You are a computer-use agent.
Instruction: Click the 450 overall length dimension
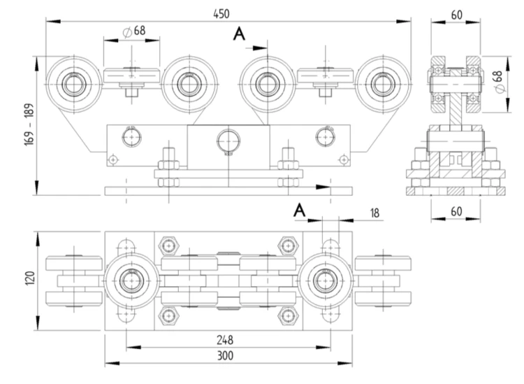point(221,14)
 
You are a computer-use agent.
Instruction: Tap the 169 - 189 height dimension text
point(29,124)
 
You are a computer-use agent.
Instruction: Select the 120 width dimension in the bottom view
point(30,278)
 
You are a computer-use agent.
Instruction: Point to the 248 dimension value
point(225,340)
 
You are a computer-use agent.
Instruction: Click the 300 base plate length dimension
point(225,355)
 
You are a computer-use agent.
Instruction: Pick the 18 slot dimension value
point(374,213)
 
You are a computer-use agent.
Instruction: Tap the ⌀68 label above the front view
point(134,31)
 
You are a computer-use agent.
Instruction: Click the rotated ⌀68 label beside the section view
point(498,82)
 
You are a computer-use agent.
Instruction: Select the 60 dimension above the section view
point(456,15)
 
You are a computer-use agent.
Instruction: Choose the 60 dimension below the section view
point(456,211)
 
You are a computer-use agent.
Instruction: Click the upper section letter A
point(239,34)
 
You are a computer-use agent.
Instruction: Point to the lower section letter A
point(300,211)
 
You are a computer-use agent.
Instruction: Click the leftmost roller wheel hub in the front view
point(73,85)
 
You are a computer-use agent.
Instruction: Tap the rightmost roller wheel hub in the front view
point(383,85)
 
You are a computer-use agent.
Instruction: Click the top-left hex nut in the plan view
point(169,246)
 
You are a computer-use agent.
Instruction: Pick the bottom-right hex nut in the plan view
point(288,315)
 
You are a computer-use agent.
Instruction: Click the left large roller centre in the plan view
point(131,280)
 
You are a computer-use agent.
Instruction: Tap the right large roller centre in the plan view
point(325,280)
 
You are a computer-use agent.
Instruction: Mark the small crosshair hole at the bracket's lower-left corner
point(114,159)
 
